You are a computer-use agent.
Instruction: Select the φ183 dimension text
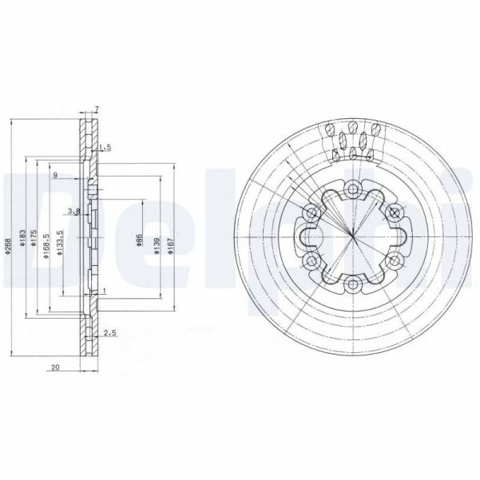coord(25,242)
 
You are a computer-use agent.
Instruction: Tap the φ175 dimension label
coord(34,242)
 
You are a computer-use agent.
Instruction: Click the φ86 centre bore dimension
coord(139,242)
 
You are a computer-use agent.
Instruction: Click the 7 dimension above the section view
coord(96,109)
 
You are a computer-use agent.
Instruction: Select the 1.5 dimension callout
coord(105,149)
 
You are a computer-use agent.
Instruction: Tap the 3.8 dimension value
coord(73,211)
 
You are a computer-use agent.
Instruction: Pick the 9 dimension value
coord(55,175)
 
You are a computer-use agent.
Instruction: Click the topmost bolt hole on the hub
coord(352,188)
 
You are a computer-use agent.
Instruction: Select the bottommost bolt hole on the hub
coord(352,282)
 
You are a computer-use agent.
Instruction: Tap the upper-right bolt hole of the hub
coord(393,212)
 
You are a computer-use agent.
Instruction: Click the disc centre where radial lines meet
coord(352,236)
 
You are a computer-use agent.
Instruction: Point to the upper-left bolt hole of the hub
coord(311,212)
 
